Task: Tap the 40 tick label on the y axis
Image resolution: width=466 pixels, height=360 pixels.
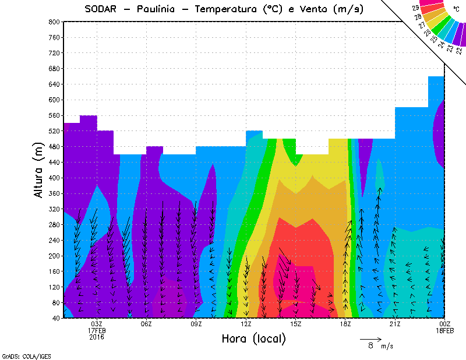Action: tap(57, 319)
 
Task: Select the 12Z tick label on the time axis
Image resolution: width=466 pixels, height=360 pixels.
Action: tap(246, 324)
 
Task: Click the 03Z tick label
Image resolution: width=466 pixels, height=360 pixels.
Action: tap(97, 324)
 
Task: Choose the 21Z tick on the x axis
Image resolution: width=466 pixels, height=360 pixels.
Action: tap(395, 324)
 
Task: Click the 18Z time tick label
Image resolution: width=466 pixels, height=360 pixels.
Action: tap(345, 324)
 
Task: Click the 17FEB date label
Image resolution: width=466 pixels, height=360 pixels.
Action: tap(97, 331)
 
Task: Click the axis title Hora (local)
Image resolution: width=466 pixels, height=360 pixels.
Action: tap(253, 338)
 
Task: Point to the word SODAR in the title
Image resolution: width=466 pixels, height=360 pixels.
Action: tap(103, 9)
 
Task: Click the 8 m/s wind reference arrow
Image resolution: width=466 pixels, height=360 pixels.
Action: tap(370, 338)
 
